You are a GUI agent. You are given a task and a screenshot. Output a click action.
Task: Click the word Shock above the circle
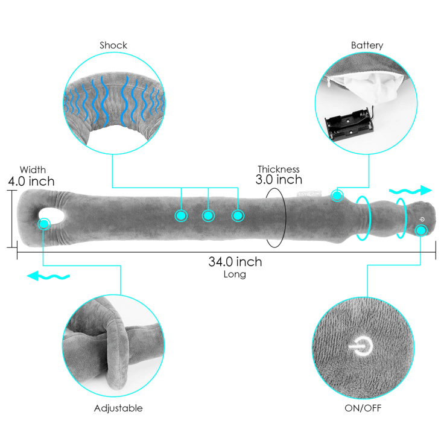pos(113,45)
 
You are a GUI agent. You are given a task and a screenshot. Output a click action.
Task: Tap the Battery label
pos(367,45)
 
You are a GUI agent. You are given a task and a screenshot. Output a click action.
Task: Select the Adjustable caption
pos(118,408)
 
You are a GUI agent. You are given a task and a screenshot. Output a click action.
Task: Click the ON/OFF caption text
pos(363,408)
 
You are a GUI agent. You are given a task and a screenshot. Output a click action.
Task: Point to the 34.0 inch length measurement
pos(235,262)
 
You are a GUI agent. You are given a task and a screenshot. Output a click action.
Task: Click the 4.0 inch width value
pos(31,182)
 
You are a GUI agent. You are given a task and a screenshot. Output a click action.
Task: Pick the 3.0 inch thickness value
pos(279,180)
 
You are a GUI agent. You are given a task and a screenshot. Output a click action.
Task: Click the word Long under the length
pos(235,274)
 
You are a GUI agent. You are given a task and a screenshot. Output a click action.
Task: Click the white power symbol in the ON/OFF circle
pos(361,346)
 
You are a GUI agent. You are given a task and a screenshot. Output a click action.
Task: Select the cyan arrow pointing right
pos(411,191)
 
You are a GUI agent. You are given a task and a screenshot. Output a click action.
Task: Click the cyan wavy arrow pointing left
pos(48,276)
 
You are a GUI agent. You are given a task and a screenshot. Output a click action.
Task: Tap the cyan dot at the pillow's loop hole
pos(44,224)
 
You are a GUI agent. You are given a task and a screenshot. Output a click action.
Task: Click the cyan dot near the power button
pos(421,230)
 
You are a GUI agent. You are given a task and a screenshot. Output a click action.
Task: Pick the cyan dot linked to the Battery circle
pos(337,195)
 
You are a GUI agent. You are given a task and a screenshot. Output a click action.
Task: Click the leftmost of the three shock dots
pos(181,216)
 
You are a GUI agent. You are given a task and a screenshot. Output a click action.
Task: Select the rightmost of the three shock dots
pos(238,216)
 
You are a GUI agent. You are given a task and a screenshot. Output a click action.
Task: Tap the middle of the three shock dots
pos(208,216)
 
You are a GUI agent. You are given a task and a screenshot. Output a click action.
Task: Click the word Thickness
pos(279,170)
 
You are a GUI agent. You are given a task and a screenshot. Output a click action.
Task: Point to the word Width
pos(33,170)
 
